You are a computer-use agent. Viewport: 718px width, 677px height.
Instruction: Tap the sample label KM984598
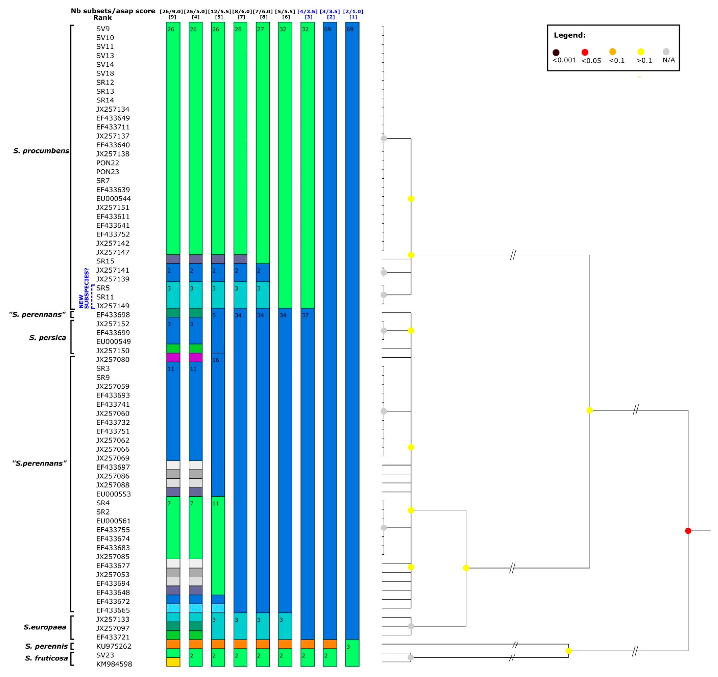pos(114,664)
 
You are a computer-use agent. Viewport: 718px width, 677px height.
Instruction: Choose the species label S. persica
pos(48,338)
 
